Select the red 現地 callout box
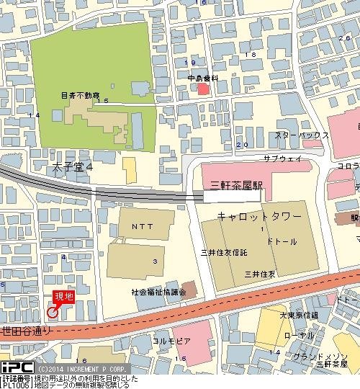coord(63,297)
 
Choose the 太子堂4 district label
coord(73,167)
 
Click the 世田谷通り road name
coord(27,331)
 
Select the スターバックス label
coord(301,135)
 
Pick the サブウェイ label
coord(281,158)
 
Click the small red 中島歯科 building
coord(204,89)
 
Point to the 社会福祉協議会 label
coord(158,292)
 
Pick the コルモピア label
coord(171,339)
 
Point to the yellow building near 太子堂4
coord(129,170)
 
